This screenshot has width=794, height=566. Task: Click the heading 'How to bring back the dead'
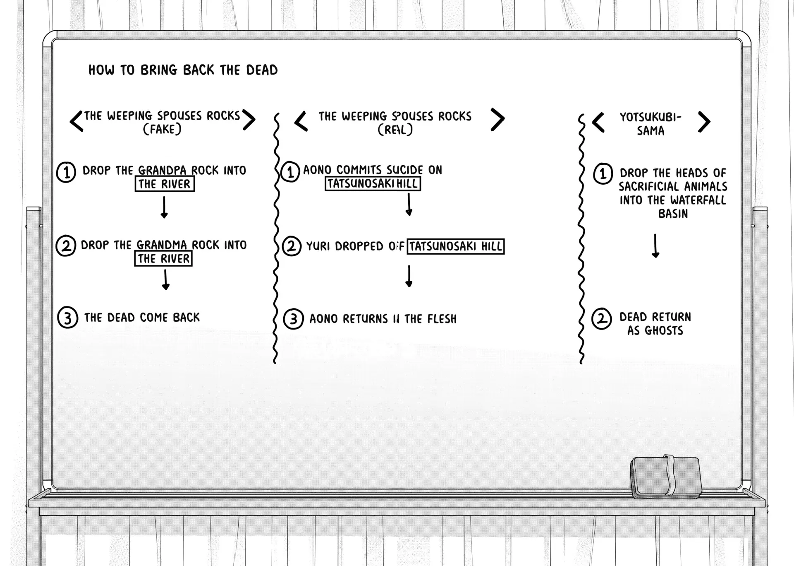click(183, 70)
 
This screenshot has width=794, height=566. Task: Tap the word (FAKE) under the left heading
click(162, 130)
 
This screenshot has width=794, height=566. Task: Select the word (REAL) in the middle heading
click(395, 130)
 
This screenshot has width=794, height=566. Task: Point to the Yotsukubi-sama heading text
click(651, 124)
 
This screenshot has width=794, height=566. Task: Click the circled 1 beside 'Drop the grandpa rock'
click(66, 172)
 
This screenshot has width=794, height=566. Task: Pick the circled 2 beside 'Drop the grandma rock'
click(66, 246)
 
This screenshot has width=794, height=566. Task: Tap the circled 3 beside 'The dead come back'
click(67, 318)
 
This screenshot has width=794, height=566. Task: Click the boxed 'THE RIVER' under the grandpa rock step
click(165, 184)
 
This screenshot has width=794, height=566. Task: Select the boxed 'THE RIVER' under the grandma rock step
click(164, 259)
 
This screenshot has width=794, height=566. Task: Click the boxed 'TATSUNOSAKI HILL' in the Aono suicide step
click(373, 184)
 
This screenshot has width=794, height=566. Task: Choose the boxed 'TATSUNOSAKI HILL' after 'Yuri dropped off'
click(455, 247)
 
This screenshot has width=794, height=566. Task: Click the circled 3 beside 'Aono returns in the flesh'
click(293, 319)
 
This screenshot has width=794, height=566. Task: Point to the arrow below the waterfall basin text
click(655, 246)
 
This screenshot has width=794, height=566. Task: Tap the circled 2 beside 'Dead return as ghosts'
click(602, 319)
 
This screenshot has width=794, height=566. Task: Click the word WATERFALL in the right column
click(699, 200)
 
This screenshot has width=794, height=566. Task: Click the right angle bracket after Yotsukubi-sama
click(704, 122)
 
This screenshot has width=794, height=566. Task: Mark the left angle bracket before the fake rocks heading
click(77, 121)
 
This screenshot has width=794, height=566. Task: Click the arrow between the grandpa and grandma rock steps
click(164, 207)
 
